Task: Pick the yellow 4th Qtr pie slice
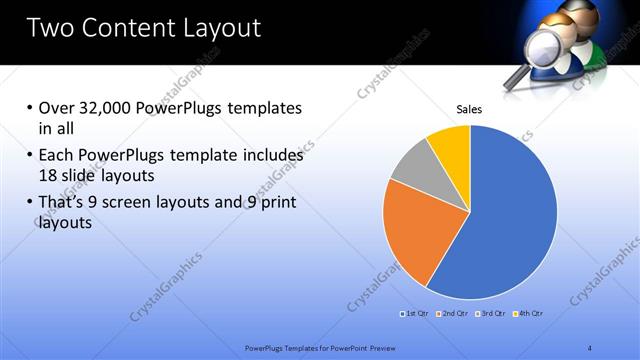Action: click(451, 145)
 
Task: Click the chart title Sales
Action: click(469, 109)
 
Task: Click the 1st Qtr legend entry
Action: click(415, 314)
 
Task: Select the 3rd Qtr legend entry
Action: click(490, 314)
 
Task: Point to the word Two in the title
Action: click(51, 27)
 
